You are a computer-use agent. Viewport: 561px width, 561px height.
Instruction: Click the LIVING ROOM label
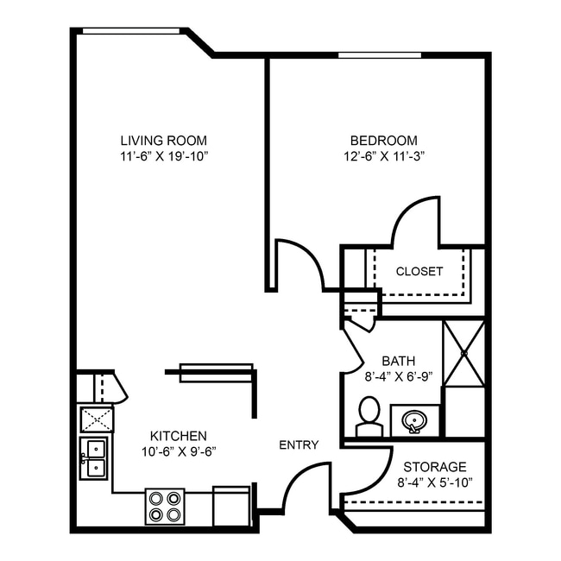[x=163, y=140]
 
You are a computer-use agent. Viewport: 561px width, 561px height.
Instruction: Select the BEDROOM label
[x=383, y=140]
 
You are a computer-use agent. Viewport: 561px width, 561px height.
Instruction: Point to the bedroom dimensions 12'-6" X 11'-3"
[x=383, y=156]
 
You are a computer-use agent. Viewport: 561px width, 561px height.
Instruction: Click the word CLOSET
[x=419, y=271]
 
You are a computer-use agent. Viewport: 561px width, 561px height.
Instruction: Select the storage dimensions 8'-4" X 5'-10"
[x=435, y=482]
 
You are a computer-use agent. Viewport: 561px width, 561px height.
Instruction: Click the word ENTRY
[x=299, y=444]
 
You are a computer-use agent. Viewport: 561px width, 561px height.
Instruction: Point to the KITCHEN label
[x=178, y=435]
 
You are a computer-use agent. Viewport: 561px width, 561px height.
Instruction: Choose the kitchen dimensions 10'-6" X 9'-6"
[x=178, y=451]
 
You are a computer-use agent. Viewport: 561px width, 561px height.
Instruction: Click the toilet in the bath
[x=369, y=417]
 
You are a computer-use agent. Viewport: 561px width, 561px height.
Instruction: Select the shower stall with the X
[x=463, y=353]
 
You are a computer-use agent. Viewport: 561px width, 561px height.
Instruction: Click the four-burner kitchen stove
[x=164, y=506]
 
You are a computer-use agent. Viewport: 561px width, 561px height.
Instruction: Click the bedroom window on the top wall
[x=379, y=55]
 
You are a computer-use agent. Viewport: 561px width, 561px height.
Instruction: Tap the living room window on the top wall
[x=130, y=31]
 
